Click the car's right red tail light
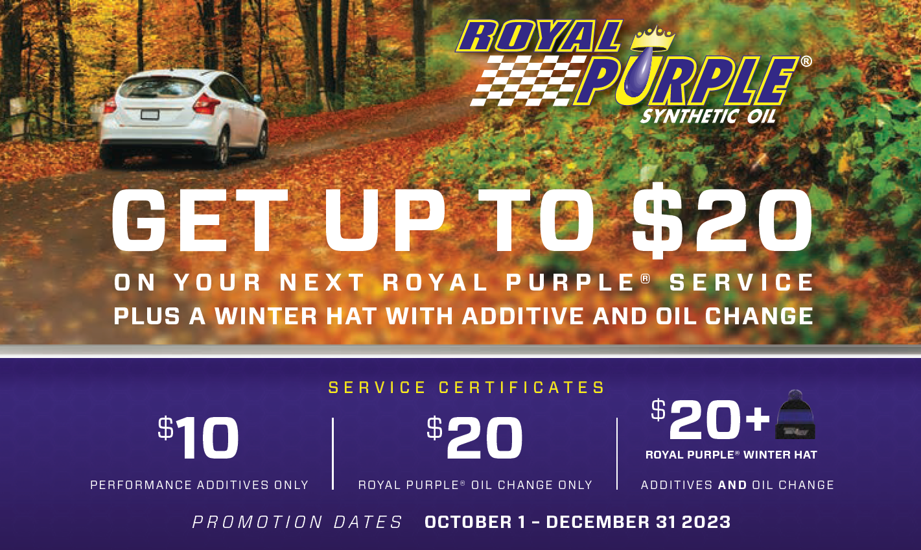(x=206, y=104)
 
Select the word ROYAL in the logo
(x=539, y=36)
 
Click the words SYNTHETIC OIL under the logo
(x=708, y=116)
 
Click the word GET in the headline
(x=200, y=221)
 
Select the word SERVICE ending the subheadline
(x=741, y=283)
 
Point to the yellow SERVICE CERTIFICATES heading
(x=467, y=387)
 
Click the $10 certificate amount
(x=198, y=438)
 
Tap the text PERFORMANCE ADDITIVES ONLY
(x=200, y=485)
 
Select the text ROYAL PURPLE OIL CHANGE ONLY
(x=475, y=485)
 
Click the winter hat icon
(x=795, y=414)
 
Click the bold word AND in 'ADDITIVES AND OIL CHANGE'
(x=732, y=485)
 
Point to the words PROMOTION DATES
(x=297, y=522)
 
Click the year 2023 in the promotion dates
(x=706, y=522)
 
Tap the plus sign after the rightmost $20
(x=758, y=420)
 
